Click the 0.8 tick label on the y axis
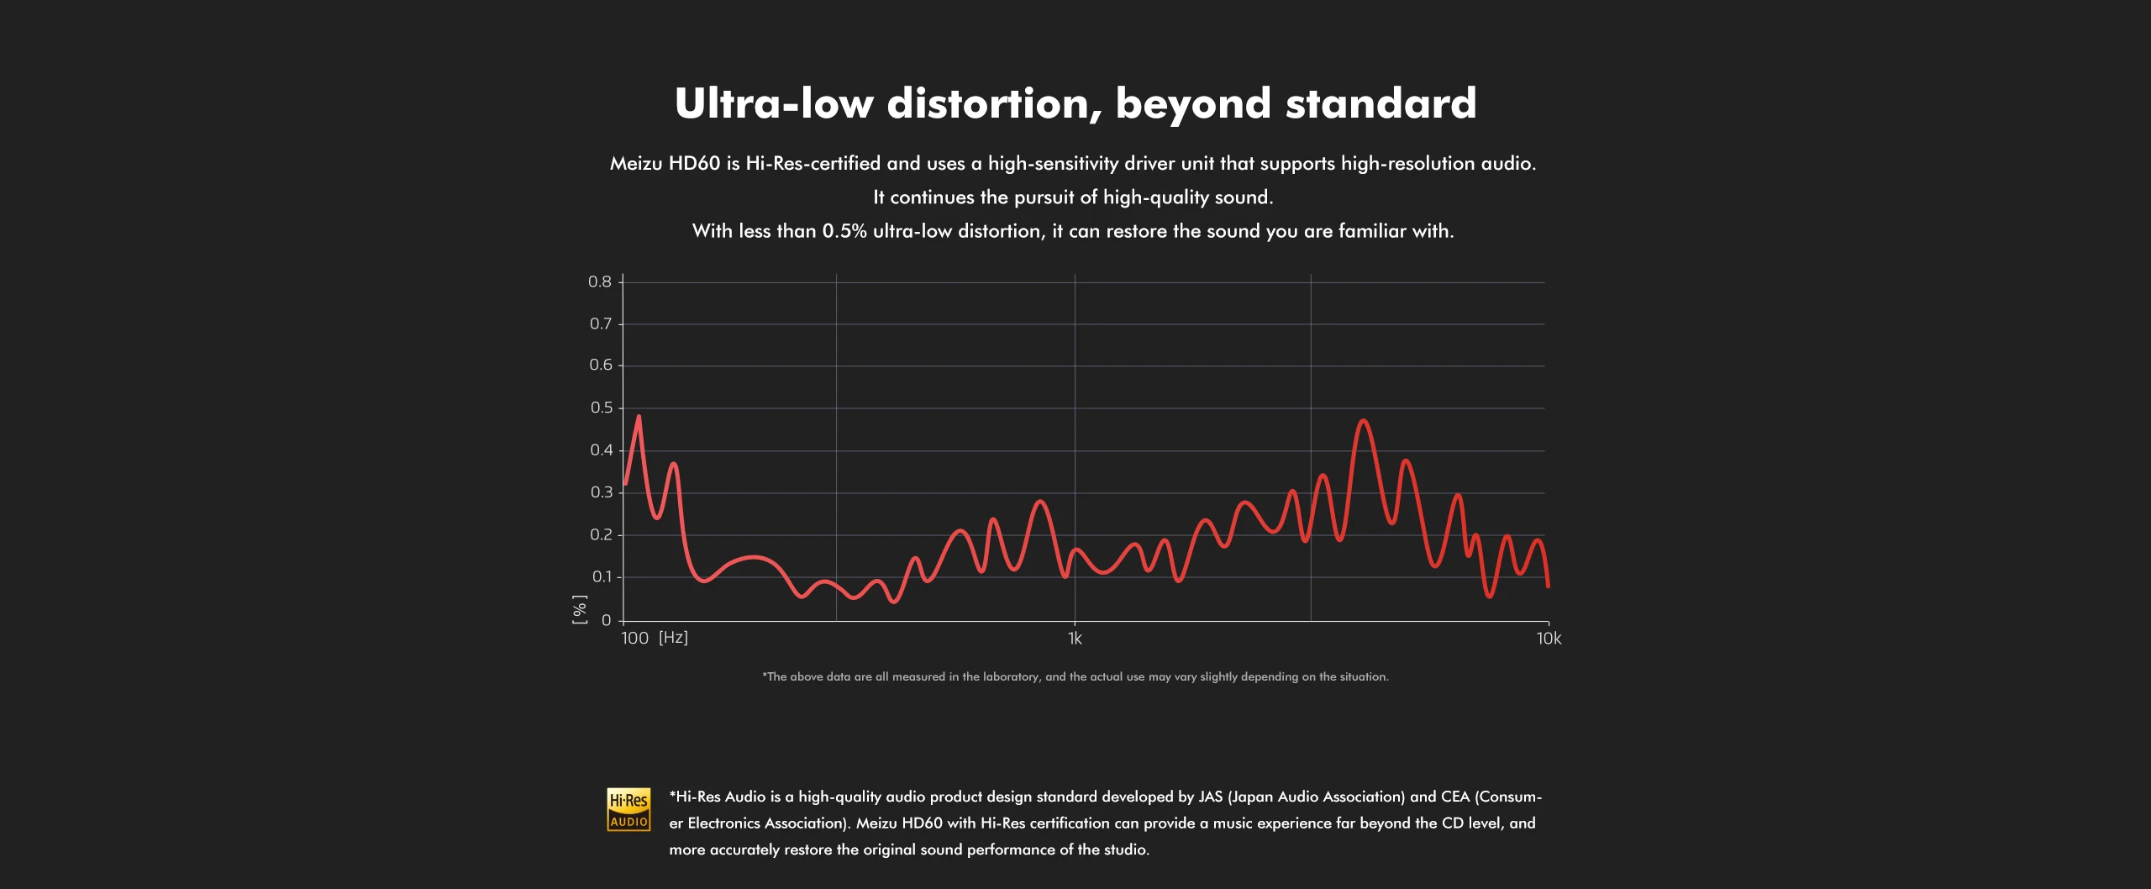pyautogui.click(x=600, y=282)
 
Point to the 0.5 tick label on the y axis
pyautogui.click(x=602, y=408)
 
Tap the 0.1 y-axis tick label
pyautogui.click(x=602, y=577)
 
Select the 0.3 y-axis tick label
pyautogui.click(x=602, y=492)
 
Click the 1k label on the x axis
pyautogui.click(x=1075, y=639)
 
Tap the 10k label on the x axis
pyautogui.click(x=1549, y=639)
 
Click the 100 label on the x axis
pyautogui.click(x=635, y=639)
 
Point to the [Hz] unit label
pyautogui.click(x=673, y=638)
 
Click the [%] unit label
pyautogui.click(x=580, y=609)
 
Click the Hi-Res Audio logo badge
pyautogui.click(x=628, y=810)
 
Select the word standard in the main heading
pyautogui.click(x=1381, y=104)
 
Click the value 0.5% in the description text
pyautogui.click(x=844, y=232)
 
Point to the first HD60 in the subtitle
pyautogui.click(x=694, y=164)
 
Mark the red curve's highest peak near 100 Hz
pyautogui.click(x=639, y=417)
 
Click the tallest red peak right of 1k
pyautogui.click(x=1363, y=421)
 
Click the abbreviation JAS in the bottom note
pyautogui.click(x=1211, y=797)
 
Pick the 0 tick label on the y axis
pyautogui.click(x=607, y=621)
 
